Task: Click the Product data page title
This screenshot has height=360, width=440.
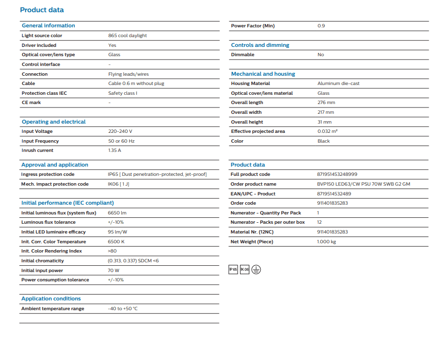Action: click(x=42, y=10)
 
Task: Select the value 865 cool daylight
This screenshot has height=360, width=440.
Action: click(x=127, y=36)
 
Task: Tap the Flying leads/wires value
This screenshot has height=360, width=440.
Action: click(x=129, y=74)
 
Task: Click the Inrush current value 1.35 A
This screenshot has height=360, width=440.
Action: click(x=114, y=150)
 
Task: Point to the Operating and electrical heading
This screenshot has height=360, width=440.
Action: click(x=53, y=122)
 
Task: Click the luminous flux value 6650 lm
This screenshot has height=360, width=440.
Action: click(x=117, y=213)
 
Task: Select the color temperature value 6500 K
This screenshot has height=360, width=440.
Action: click(x=116, y=242)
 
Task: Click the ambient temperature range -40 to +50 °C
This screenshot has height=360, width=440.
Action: click(x=123, y=309)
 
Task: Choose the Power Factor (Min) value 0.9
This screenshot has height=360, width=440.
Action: click(x=321, y=26)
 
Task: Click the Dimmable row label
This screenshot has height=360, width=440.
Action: click(x=242, y=55)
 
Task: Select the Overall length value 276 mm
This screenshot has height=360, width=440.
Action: click(x=326, y=103)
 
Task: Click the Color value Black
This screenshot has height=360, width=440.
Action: click(x=324, y=141)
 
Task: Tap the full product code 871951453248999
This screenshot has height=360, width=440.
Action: click(x=337, y=174)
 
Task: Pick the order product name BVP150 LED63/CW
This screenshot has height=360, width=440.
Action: click(x=364, y=184)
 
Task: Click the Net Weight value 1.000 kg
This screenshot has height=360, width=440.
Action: click(x=327, y=242)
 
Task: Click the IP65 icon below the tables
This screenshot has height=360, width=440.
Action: click(x=233, y=269)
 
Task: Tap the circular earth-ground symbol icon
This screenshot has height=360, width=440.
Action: click(x=256, y=269)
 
